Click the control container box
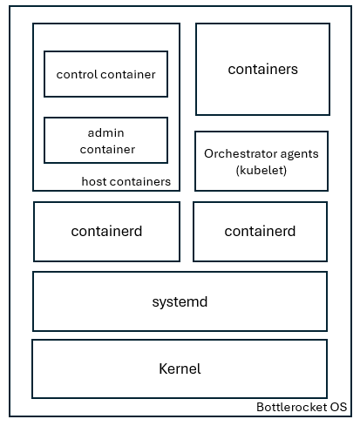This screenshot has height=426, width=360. click(x=105, y=74)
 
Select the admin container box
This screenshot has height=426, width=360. click(x=105, y=140)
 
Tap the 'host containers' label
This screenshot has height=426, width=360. click(x=126, y=181)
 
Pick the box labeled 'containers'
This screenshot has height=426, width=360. click(x=262, y=69)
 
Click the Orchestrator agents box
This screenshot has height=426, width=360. click(x=262, y=161)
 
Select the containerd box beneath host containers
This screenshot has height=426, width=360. click(x=106, y=231)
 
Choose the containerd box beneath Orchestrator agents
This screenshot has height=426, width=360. click(x=260, y=231)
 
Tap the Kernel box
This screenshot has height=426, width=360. click(x=180, y=369)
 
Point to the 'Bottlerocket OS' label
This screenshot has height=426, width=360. click(x=302, y=407)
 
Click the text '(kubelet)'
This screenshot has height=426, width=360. click(x=262, y=170)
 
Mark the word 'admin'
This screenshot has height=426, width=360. click(x=106, y=132)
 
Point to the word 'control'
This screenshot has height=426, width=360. click(x=76, y=74)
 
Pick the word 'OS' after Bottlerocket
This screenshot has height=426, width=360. click(x=338, y=407)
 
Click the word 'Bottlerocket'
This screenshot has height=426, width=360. click(x=291, y=407)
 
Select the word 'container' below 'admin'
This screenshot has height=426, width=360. click(x=106, y=149)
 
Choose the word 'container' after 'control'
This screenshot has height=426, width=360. click(x=127, y=74)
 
